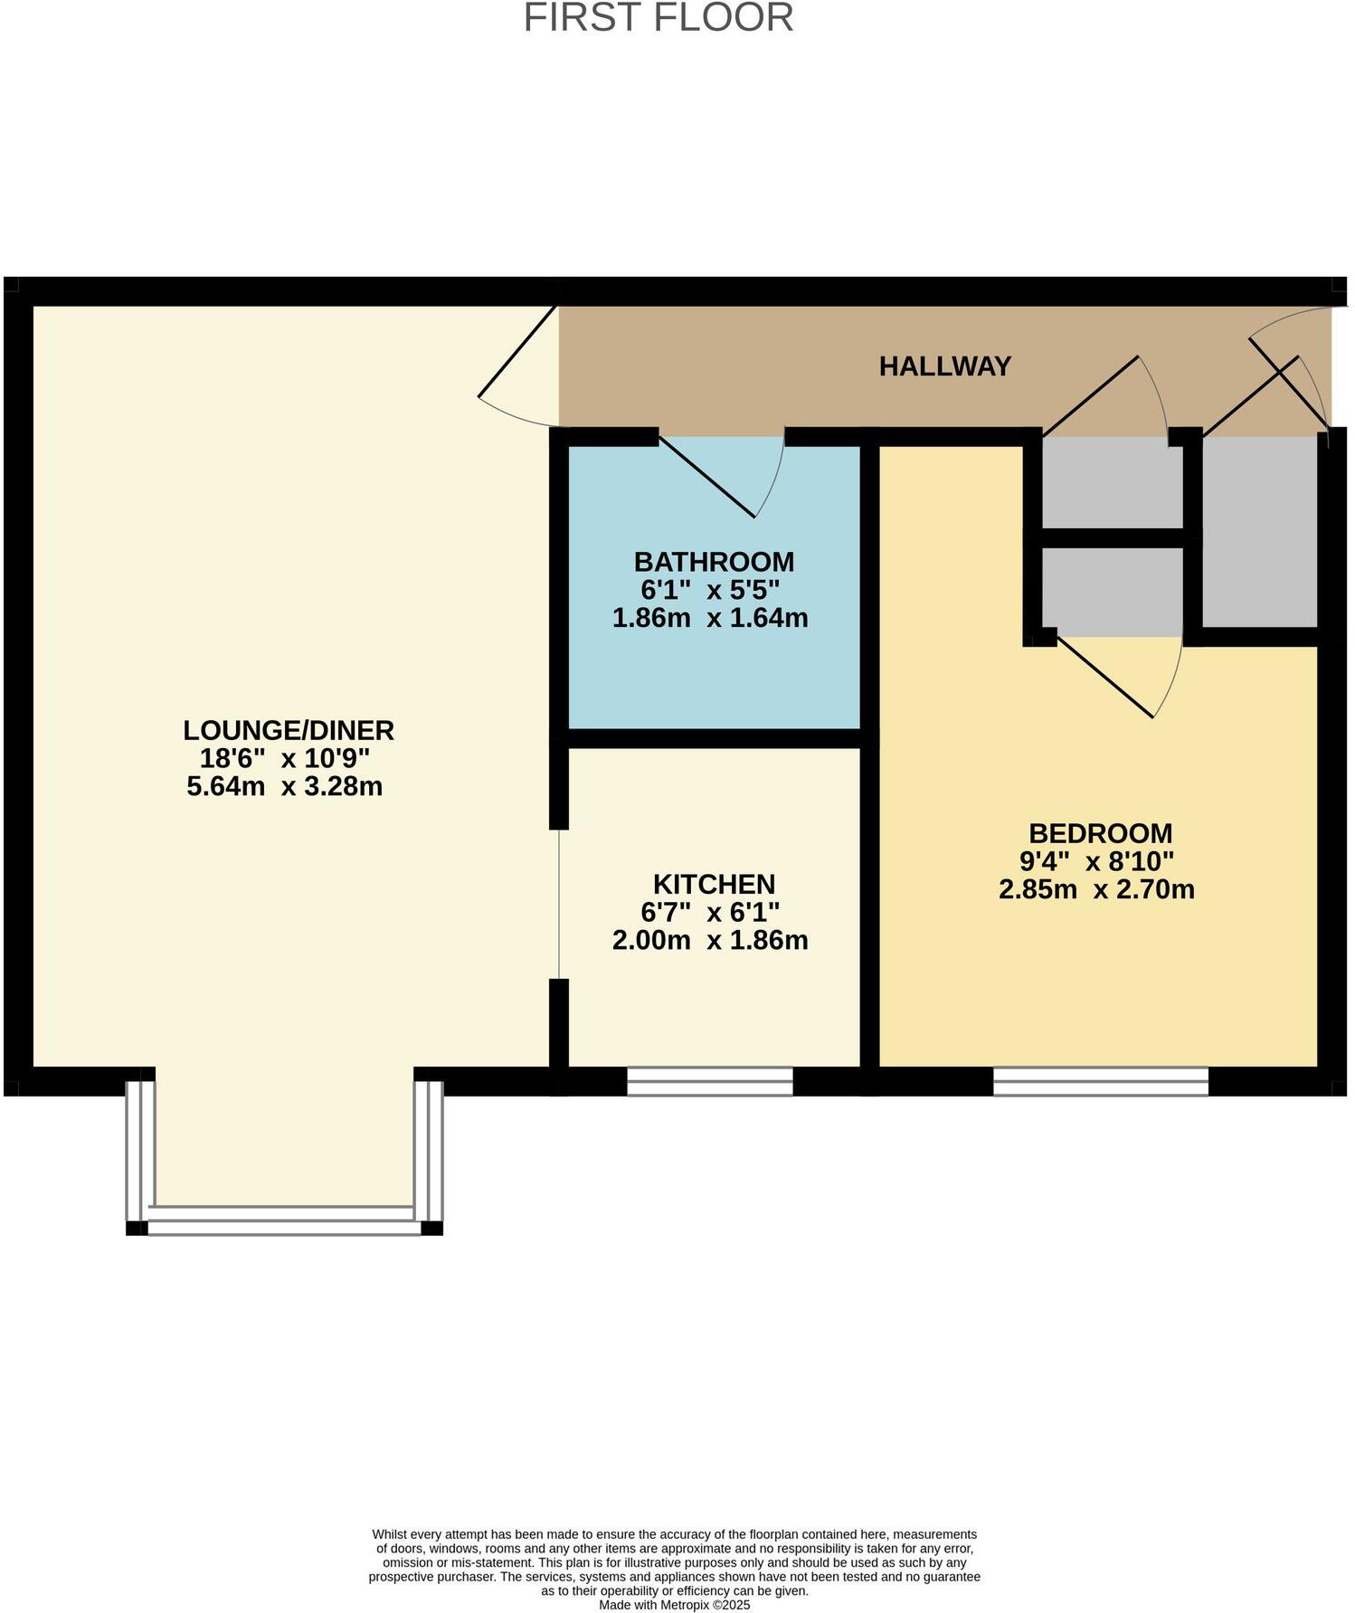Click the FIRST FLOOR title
659,18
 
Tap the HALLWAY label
944,366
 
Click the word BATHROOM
714,562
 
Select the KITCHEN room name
714,884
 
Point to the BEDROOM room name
1100,833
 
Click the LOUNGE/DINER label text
289,730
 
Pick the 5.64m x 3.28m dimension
285,786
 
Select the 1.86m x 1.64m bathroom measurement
710,618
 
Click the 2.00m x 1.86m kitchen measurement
710,941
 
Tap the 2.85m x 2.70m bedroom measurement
1096,889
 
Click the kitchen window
710,1081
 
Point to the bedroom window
1100,1081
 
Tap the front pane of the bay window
284,1222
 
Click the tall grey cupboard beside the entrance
1259,532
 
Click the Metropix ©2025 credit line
674,1605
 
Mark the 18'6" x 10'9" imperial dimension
285,758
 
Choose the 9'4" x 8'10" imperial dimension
1096,861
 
